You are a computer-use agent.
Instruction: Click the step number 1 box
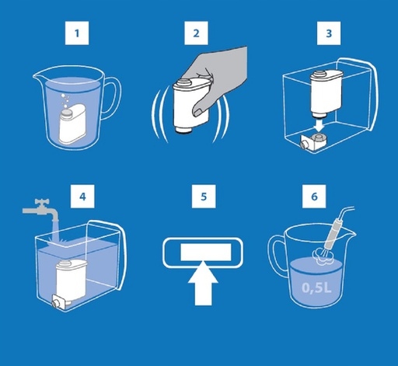(x=77, y=33)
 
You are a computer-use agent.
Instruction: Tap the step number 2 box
(x=196, y=33)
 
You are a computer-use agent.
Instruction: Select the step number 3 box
(x=329, y=33)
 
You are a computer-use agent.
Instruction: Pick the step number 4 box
(x=82, y=196)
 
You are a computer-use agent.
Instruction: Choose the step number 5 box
(x=204, y=196)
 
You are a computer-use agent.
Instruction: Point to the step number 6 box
(x=314, y=196)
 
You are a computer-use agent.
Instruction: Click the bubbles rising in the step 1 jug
(x=65, y=101)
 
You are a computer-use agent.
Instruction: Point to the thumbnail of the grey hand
(x=197, y=111)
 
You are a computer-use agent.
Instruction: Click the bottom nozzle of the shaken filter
(x=184, y=130)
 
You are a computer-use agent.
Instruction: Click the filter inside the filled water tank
(x=70, y=283)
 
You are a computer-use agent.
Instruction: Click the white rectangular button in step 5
(x=205, y=252)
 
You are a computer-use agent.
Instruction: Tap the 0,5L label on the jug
(x=316, y=288)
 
